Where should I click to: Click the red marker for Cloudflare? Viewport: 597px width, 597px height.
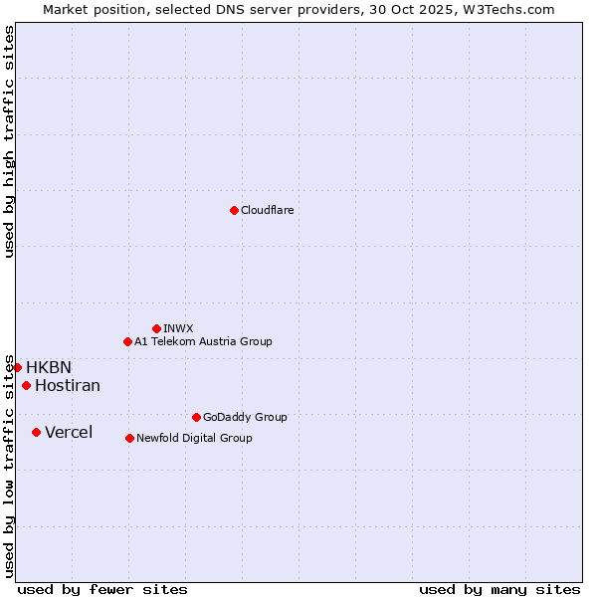click(x=234, y=210)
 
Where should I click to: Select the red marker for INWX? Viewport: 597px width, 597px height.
click(x=156, y=328)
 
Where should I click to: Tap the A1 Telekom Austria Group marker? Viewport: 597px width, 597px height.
click(x=127, y=341)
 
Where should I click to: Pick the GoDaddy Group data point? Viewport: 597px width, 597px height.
click(x=196, y=417)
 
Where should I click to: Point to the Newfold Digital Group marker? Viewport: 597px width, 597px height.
click(x=129, y=438)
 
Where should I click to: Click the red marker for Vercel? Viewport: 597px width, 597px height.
click(x=36, y=432)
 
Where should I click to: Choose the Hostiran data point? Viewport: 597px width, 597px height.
click(x=26, y=385)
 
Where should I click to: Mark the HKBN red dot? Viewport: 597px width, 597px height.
click(x=17, y=367)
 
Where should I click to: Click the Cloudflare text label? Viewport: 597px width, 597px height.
click(x=267, y=210)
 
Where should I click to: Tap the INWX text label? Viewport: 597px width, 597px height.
click(x=178, y=328)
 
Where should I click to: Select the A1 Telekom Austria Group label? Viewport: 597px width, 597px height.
click(x=203, y=341)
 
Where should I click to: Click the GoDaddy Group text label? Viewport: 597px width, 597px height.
click(x=245, y=417)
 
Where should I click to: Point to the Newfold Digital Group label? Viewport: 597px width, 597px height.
click(x=194, y=438)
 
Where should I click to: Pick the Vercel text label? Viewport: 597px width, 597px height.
click(x=69, y=432)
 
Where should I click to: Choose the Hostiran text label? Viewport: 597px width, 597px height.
click(x=68, y=385)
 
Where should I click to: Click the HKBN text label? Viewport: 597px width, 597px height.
click(x=49, y=367)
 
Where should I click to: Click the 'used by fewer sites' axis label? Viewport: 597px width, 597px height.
click(x=102, y=589)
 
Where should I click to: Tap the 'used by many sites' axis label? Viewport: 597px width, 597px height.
click(x=499, y=589)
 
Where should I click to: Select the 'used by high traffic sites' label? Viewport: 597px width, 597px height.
click(x=9, y=141)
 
